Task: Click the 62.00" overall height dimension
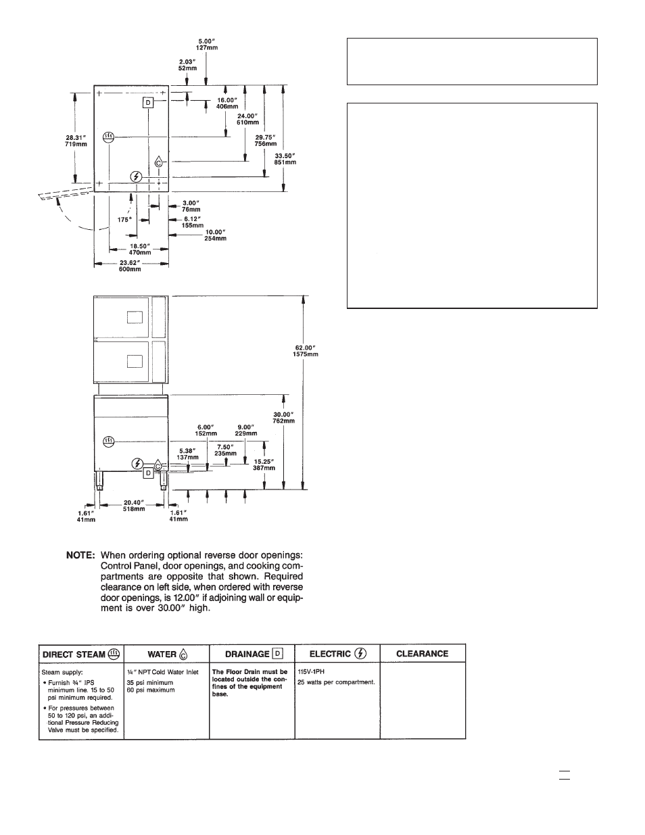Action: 306,351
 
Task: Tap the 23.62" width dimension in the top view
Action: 130,266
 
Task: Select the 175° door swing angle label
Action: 124,220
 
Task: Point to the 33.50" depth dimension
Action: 285,159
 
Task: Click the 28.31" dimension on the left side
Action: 76,141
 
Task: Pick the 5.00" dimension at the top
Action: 207,45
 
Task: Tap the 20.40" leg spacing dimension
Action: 134,506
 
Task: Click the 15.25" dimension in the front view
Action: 264,465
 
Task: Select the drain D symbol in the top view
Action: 148,103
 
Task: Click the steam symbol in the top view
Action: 109,137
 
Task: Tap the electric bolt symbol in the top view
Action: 136,176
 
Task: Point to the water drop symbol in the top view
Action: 158,162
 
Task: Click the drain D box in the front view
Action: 148,473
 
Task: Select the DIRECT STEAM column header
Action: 81,654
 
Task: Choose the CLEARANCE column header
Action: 422,654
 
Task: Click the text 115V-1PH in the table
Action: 311,672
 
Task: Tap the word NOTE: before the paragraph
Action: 80,555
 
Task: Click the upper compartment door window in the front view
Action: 135,317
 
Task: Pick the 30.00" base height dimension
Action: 284,418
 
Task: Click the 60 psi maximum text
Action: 151,690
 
